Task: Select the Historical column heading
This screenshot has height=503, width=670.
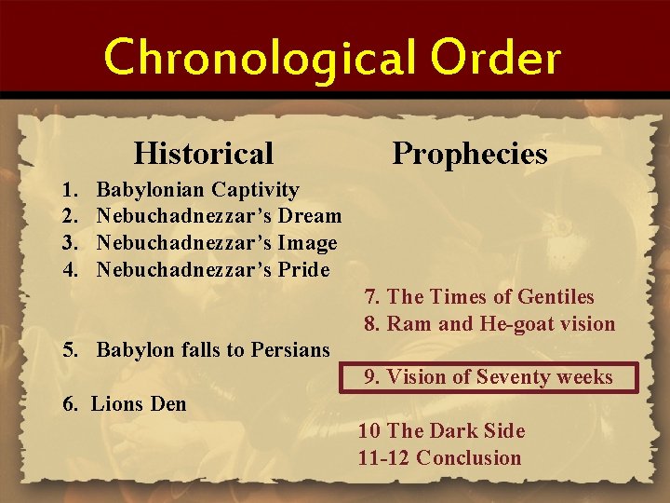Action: click(x=204, y=152)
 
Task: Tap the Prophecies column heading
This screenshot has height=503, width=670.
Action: click(x=470, y=152)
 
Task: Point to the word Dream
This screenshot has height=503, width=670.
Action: click(x=311, y=217)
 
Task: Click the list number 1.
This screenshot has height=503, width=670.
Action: click(x=68, y=190)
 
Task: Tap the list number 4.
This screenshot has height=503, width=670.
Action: click(x=68, y=270)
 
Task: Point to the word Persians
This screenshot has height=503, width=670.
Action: click(x=291, y=350)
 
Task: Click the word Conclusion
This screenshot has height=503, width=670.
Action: click(x=469, y=457)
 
